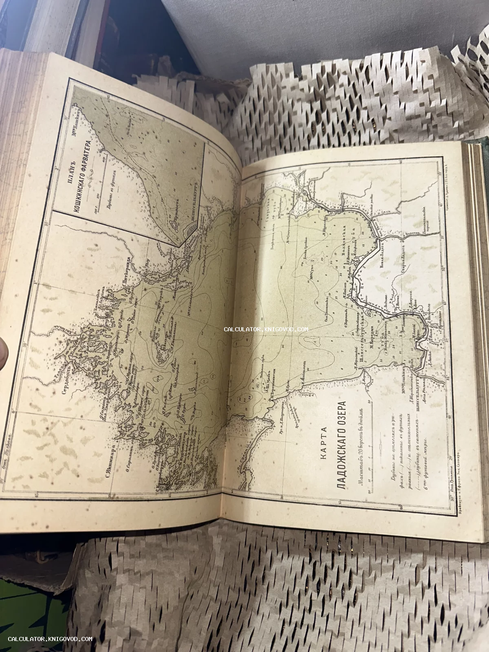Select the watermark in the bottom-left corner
pyautogui.click(x=50, y=639)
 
